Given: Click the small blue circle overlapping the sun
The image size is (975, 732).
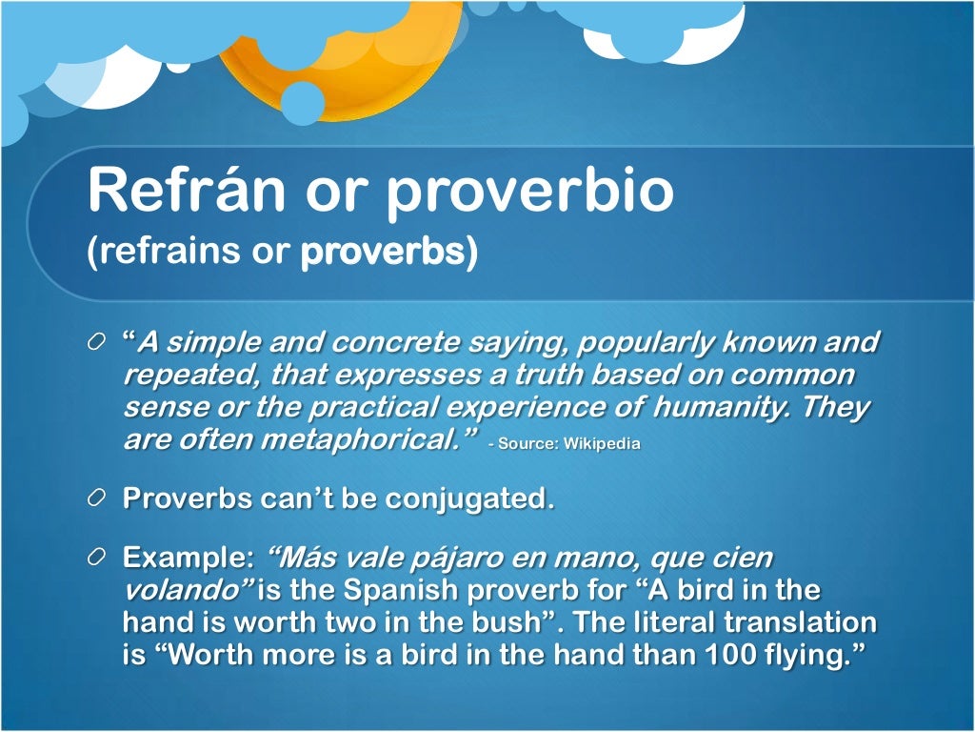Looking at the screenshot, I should (303, 103).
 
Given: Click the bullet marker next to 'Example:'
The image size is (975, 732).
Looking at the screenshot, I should (97, 558).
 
